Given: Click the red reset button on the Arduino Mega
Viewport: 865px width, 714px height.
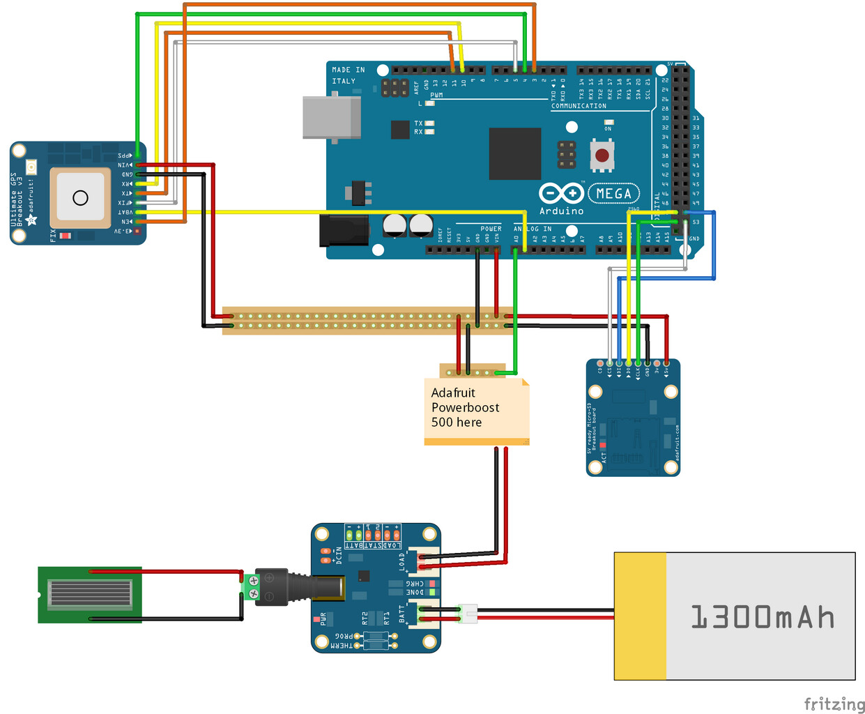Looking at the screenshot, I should coord(602,155).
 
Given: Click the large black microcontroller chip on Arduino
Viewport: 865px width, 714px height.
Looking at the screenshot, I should coord(514,153).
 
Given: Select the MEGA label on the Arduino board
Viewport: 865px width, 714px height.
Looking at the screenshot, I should coord(613,193).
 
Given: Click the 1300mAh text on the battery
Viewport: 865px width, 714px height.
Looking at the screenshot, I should coord(762,617).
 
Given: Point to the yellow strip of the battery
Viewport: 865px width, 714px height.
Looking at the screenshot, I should coord(641,616).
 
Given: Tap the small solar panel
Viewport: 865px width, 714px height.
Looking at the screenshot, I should coord(90,595).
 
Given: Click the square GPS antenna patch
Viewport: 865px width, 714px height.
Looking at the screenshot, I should coord(80,198).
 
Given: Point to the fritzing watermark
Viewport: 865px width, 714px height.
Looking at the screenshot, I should coord(834,704).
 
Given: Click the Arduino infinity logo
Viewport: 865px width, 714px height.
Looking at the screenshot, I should coord(561,193).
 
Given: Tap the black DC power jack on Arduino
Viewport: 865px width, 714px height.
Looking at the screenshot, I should coord(344,231).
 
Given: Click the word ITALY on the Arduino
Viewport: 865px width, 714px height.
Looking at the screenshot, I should coord(344,81).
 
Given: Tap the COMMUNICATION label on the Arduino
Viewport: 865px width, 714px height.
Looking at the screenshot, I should coord(579,106).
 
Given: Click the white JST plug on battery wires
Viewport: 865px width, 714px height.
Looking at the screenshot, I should coord(468,614).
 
